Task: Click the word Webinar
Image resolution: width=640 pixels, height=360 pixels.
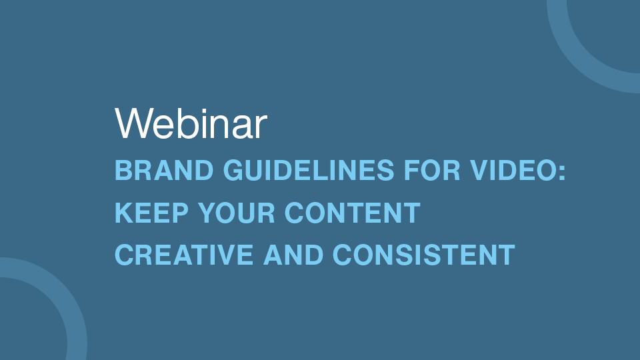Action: [x=191, y=124]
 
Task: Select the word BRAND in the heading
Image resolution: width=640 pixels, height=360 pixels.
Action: [x=164, y=170]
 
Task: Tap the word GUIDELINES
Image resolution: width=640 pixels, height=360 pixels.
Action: [x=309, y=170]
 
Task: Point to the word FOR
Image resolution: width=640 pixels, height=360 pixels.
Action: [x=432, y=170]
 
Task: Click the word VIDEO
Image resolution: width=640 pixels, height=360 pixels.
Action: [x=513, y=170]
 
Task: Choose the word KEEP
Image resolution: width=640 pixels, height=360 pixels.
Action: [x=152, y=212]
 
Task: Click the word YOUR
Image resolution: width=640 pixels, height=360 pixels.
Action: [x=236, y=212]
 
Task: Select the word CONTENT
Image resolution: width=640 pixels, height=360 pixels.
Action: [x=352, y=212]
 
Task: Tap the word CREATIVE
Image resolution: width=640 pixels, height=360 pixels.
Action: [x=184, y=255]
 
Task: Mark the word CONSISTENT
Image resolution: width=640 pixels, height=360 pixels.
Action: [x=424, y=255]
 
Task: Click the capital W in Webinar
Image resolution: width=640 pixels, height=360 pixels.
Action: [x=134, y=124]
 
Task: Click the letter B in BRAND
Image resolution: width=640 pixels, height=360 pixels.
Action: [x=124, y=170]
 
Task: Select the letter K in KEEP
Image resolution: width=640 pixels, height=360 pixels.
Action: [x=125, y=212]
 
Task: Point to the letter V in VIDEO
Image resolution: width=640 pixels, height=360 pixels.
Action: [x=479, y=170]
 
